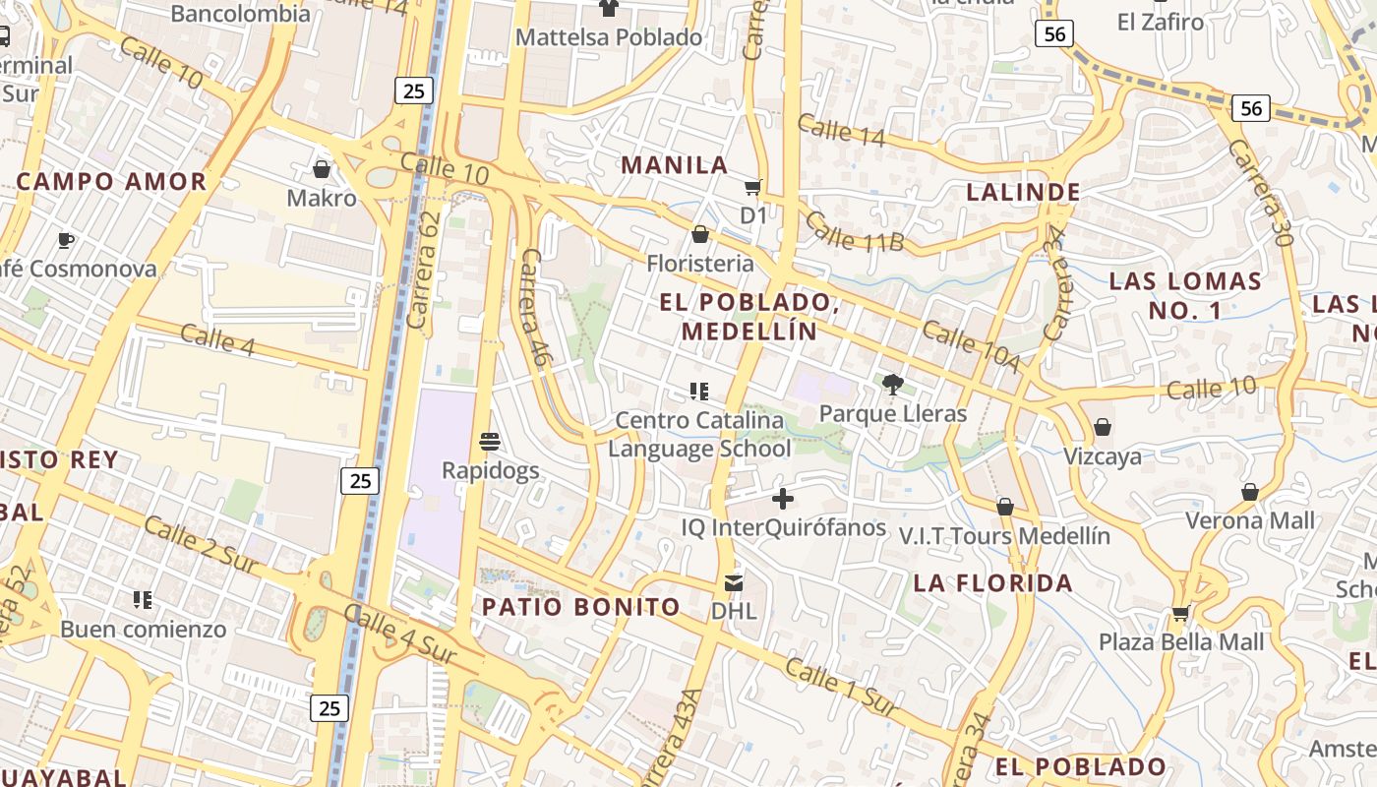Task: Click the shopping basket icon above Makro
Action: coord(321,169)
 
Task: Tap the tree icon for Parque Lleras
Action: coord(893,385)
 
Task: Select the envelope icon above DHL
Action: coord(734,582)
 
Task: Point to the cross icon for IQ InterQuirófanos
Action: coord(783,499)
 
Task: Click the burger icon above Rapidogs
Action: coord(490,441)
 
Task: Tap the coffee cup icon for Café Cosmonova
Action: coord(66,240)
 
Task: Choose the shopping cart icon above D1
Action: coord(753,187)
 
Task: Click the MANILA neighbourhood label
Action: coord(675,165)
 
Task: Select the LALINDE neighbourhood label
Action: coord(1024,192)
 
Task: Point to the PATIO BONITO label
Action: coord(580,607)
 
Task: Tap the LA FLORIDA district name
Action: coord(993,583)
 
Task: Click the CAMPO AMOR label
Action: coord(111,181)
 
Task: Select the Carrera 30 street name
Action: coord(1260,192)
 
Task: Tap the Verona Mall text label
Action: coord(1250,520)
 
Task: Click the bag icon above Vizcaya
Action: coord(1103,427)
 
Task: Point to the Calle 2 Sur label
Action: coord(201,544)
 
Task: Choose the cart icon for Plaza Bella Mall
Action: coord(1180,613)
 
